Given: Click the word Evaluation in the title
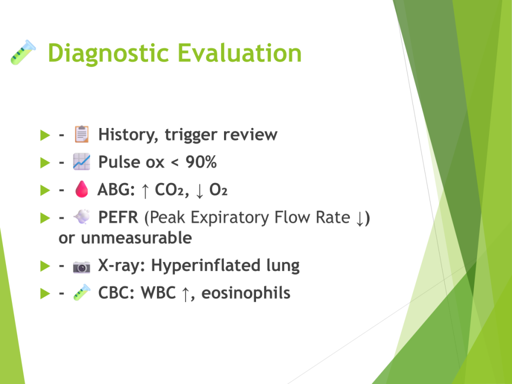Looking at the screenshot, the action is tap(239, 53).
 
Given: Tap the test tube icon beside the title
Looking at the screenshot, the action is tap(23, 52).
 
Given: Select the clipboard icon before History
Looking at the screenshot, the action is tap(81, 134).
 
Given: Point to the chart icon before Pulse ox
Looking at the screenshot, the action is tap(81, 161).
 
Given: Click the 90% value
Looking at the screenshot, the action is tap(201, 162).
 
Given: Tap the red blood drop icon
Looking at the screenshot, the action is tap(81, 189).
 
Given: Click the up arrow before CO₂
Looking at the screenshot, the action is tap(145, 190).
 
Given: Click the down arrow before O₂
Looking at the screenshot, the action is tap(199, 190).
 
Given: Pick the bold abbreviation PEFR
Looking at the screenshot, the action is tap(118, 217).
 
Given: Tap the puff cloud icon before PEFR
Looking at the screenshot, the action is tap(81, 216).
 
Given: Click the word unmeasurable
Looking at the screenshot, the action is tap(136, 237).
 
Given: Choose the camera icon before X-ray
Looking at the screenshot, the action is tap(81, 267).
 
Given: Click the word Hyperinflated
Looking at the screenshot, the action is tap(205, 265).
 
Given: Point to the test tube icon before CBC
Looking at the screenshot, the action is tap(81, 292).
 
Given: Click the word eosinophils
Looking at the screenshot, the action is tap(246, 293).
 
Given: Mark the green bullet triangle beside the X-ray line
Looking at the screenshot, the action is tap(45, 266).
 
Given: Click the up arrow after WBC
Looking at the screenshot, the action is tap(185, 294).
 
